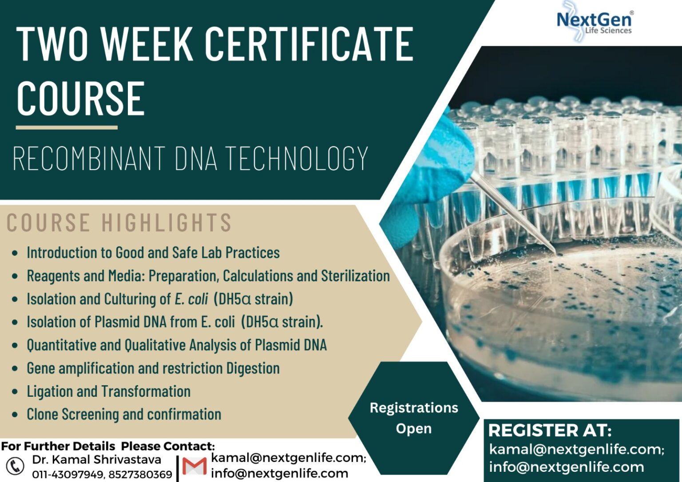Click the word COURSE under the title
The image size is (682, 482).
[x=81, y=99]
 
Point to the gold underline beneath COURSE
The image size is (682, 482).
[x=67, y=128]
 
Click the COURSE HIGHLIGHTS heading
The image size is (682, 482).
[x=119, y=222]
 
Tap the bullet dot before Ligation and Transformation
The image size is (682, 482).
[x=15, y=392]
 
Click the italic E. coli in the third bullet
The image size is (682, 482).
[x=191, y=299]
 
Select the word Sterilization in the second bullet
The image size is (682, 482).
[x=355, y=276]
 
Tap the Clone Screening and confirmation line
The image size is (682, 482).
[x=124, y=415]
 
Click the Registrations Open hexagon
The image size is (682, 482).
[x=414, y=418]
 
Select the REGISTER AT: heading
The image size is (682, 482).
[x=550, y=431]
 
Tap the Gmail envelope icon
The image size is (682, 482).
[x=194, y=466]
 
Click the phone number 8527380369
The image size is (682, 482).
[x=140, y=474]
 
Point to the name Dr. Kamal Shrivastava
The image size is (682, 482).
[x=96, y=460]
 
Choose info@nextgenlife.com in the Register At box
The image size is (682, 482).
[x=566, y=467]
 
